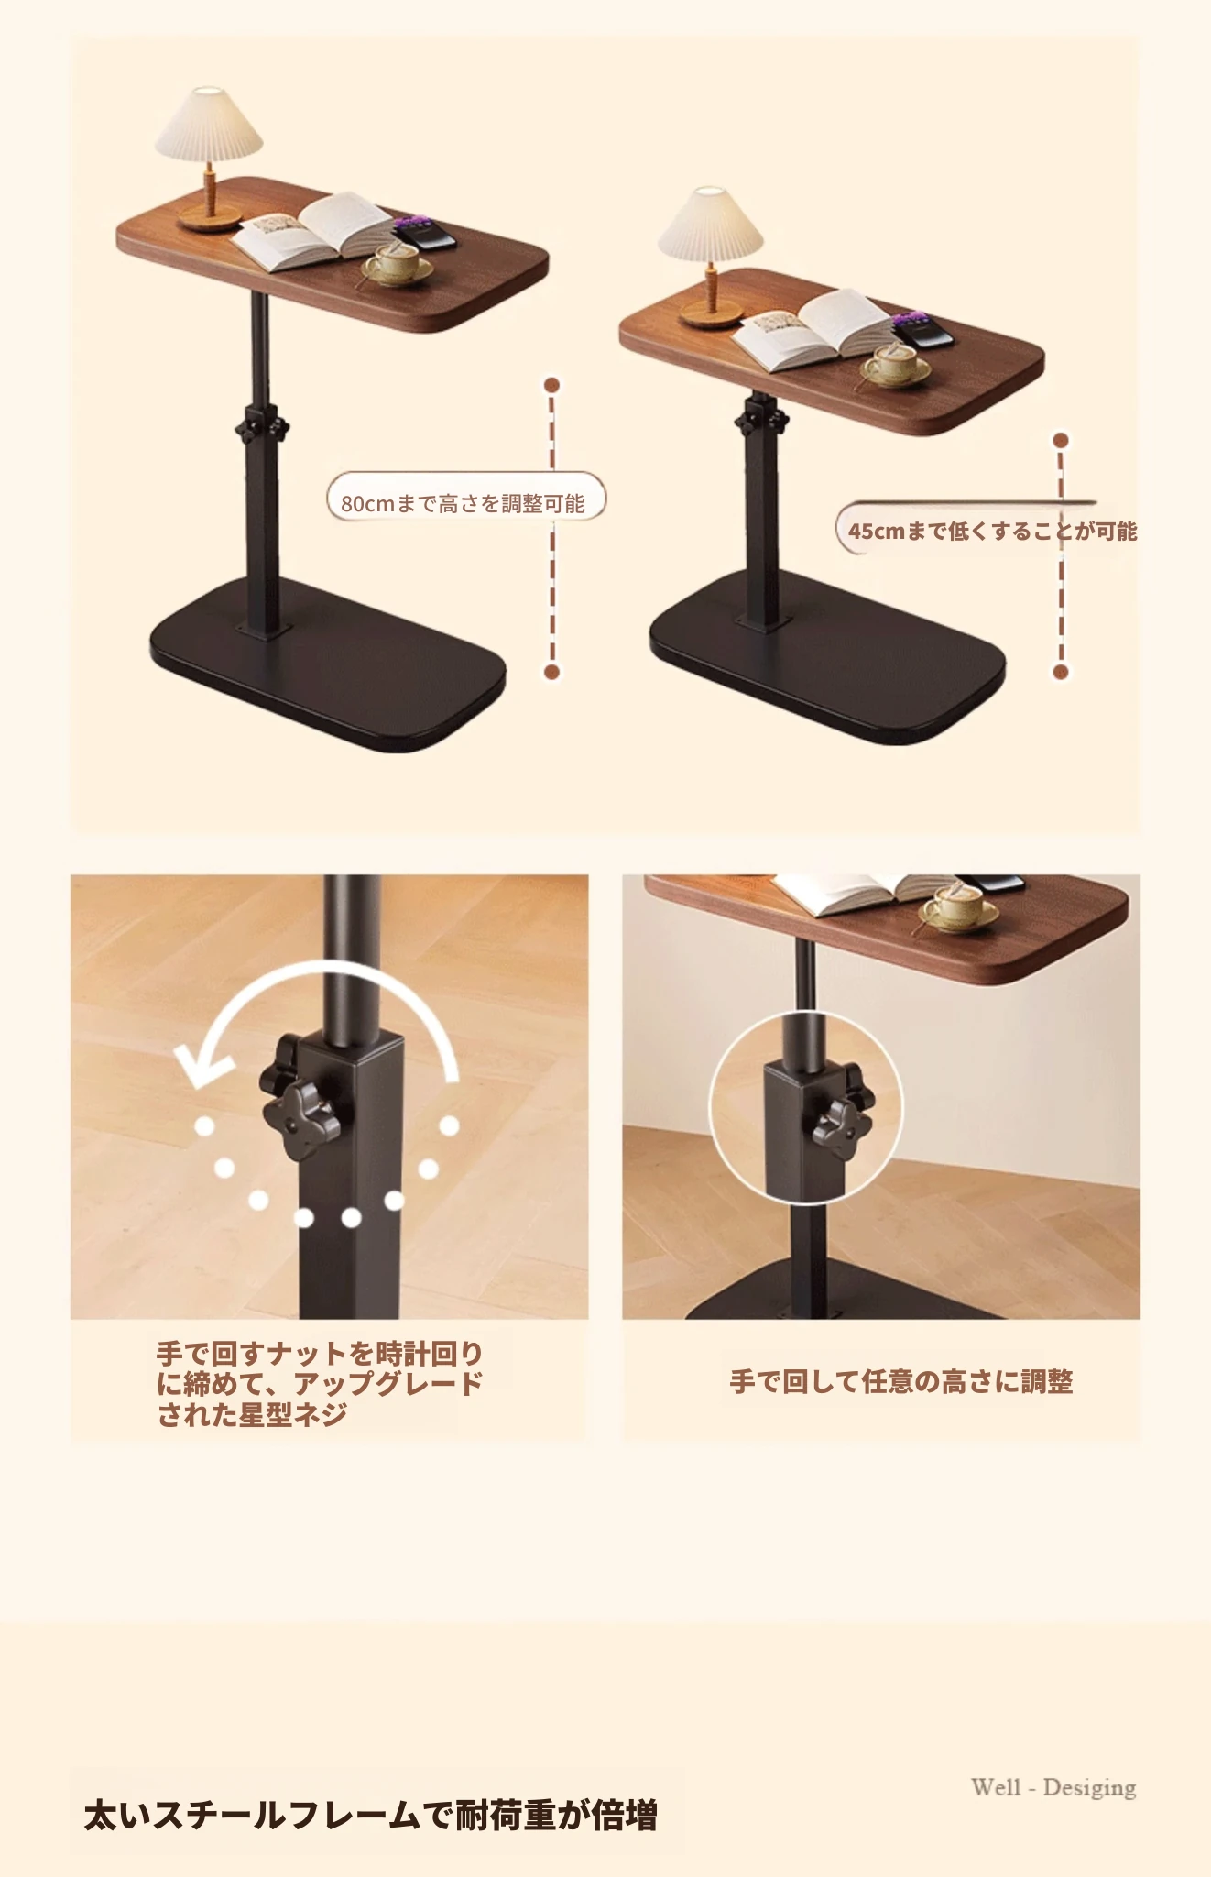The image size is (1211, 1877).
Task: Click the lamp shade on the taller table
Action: pos(209,125)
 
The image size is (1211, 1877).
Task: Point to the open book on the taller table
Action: pos(315,232)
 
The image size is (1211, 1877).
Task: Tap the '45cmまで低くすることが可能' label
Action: pos(992,532)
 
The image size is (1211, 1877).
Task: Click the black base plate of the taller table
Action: pos(328,663)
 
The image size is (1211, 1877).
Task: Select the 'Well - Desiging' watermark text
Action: pos(1053,1788)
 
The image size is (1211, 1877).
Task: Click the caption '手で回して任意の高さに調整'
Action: pos(901,1381)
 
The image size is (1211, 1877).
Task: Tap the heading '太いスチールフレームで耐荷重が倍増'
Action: pos(371,1816)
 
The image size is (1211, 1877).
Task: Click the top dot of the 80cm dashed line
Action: pos(551,385)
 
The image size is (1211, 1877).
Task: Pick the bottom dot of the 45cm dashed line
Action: pos(1061,672)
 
